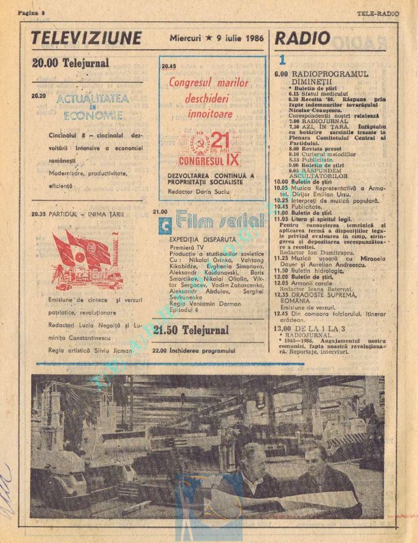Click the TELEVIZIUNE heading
[x=86, y=39]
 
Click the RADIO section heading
[x=303, y=38]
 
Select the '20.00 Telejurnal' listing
[x=70, y=63]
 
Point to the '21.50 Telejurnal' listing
[x=191, y=330]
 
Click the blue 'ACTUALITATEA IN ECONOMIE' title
[x=92, y=107]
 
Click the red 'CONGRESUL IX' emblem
[x=209, y=150]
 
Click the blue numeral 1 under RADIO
[x=282, y=60]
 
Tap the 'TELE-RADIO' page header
[x=377, y=13]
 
